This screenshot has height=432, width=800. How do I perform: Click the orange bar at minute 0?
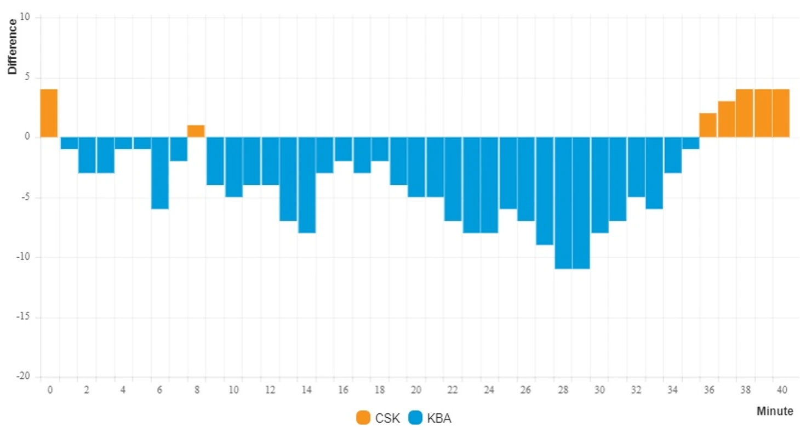pyautogui.click(x=49, y=113)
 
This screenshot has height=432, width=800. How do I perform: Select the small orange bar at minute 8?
pyautogui.click(x=196, y=132)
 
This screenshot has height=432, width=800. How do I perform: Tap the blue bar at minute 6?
pyautogui.click(x=159, y=173)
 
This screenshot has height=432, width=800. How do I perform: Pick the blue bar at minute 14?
pyautogui.click(x=306, y=185)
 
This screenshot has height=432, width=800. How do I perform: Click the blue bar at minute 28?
pyautogui.click(x=563, y=203)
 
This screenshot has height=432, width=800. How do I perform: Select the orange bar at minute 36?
pyautogui.click(x=707, y=125)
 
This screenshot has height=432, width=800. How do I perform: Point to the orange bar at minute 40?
pyautogui.click(x=781, y=113)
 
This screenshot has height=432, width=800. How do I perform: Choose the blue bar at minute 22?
pyautogui.click(x=453, y=179)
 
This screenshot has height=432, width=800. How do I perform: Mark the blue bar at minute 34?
pyautogui.click(x=673, y=155)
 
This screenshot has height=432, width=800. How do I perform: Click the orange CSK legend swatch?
pyautogui.click(x=363, y=418)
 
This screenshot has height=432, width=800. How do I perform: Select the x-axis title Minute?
pyautogui.click(x=775, y=411)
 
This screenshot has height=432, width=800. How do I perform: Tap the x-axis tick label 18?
pyautogui.click(x=379, y=390)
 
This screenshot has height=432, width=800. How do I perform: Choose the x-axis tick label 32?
pyautogui.click(x=636, y=390)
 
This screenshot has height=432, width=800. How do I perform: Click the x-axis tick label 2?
pyautogui.click(x=87, y=390)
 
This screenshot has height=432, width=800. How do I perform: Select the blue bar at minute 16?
pyautogui.click(x=343, y=149)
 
